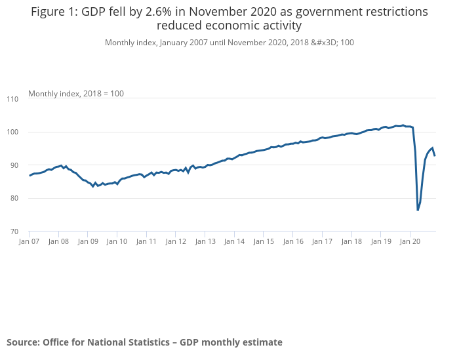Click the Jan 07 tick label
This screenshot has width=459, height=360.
tap(29, 241)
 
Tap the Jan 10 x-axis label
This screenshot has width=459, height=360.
tap(117, 241)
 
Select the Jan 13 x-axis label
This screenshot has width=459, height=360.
tap(205, 241)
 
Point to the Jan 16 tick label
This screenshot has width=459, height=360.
tap(292, 241)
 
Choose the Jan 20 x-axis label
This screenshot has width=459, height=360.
tap(410, 241)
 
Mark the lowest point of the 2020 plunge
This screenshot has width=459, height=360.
tap(418, 210)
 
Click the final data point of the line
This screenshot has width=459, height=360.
tap(435, 155)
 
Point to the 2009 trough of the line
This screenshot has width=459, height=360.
tap(92, 186)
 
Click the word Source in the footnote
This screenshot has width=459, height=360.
tap(23, 342)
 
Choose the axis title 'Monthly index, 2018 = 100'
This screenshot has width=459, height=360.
tap(76, 94)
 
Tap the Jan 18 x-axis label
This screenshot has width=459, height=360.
tap(351, 241)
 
